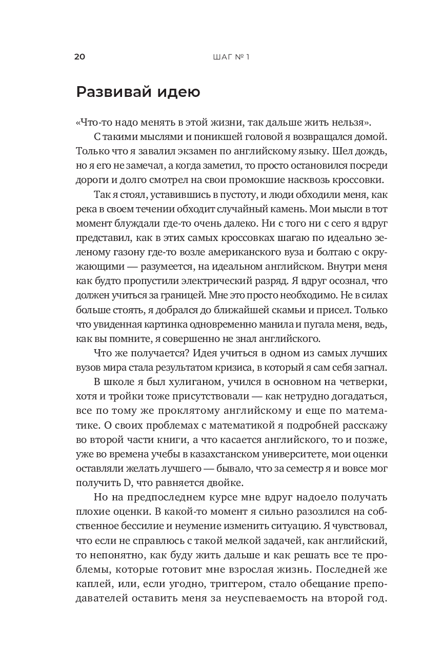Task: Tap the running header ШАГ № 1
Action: pos(231,56)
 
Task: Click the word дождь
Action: pos(371,152)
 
